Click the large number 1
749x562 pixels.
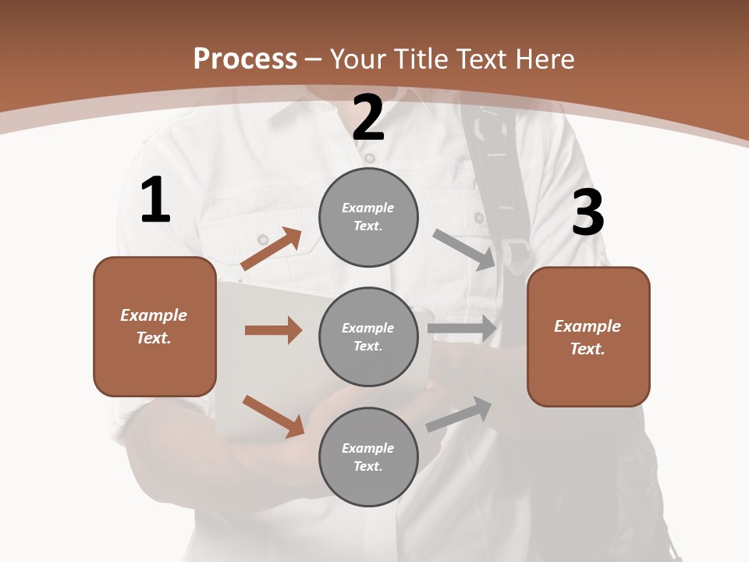coord(155,200)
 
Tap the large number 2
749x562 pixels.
coord(368,118)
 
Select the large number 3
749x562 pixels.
coord(588,212)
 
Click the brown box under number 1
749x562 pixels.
coord(154,326)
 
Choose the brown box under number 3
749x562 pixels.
coord(588,336)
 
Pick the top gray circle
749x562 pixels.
coord(368,216)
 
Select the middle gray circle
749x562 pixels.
coord(368,336)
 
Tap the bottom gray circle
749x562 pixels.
coord(368,457)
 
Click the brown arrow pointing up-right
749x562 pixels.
coord(272,249)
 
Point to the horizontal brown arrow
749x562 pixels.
coord(273,330)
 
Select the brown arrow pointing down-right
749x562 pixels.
coord(273,416)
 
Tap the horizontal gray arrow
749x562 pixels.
coord(462,329)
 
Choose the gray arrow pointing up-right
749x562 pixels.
coord(460,414)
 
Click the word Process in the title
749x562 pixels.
coord(245,59)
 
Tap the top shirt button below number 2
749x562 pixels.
coord(370,158)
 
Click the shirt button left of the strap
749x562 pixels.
coord(479,218)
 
